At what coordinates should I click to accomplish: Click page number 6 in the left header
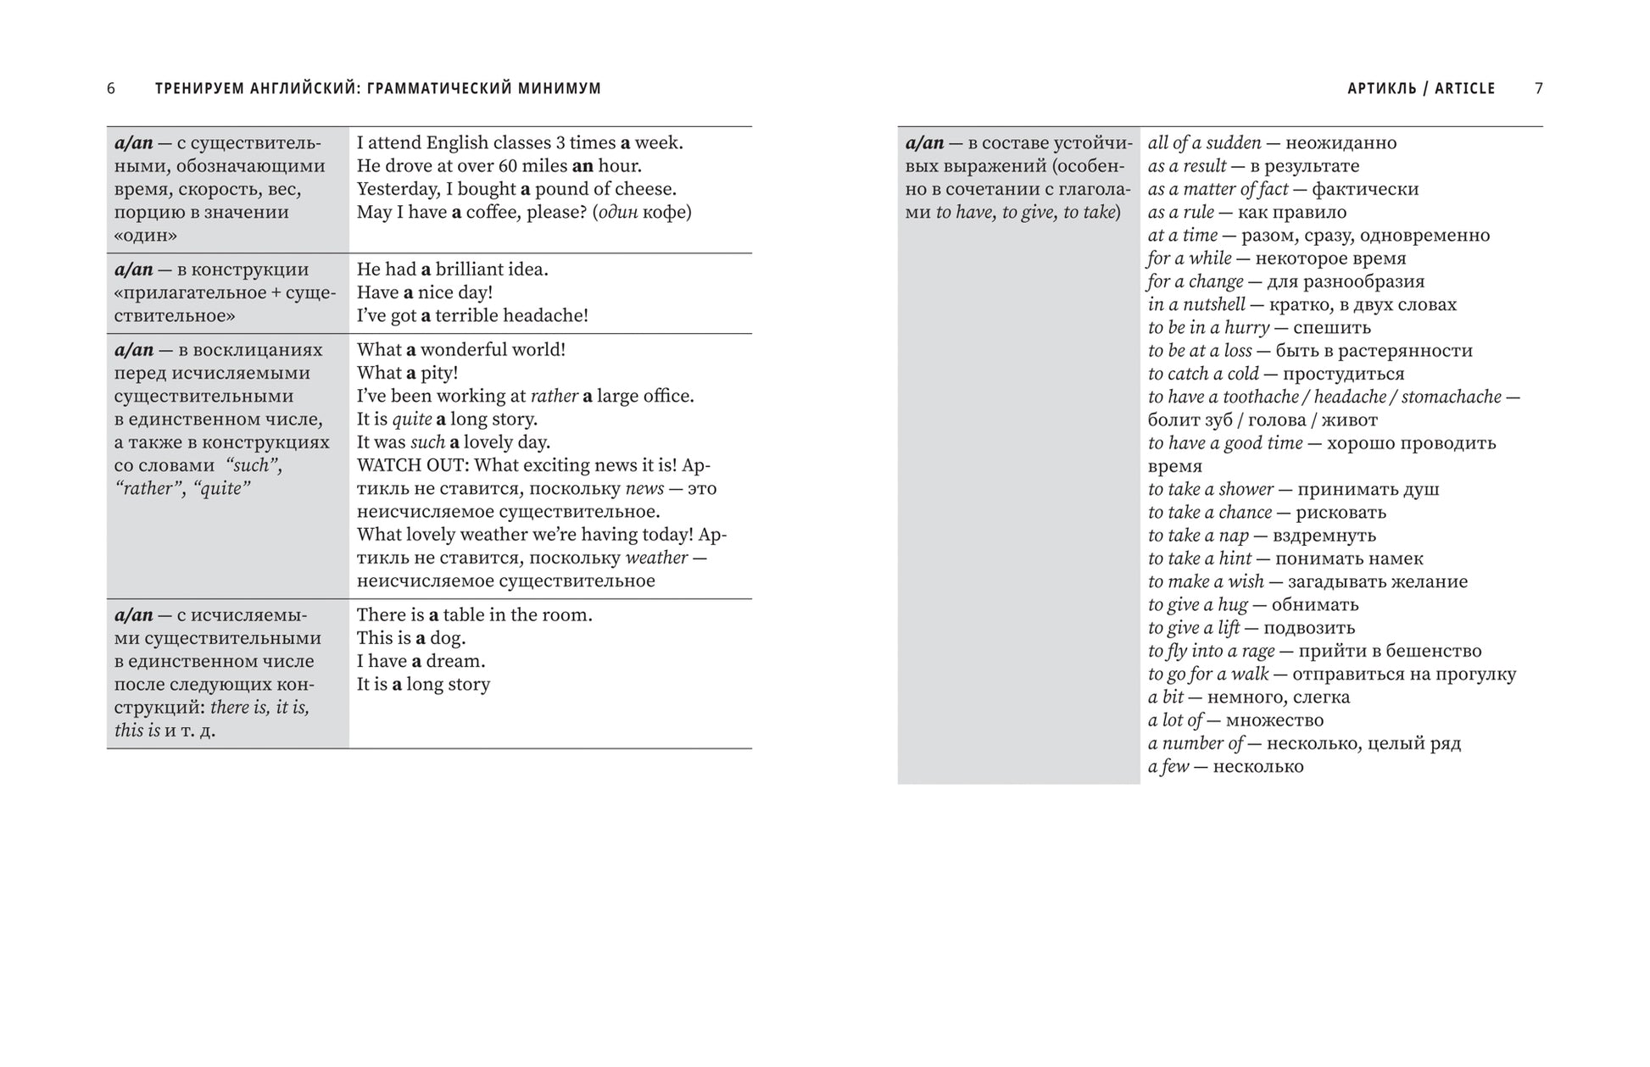pyautogui.click(x=111, y=88)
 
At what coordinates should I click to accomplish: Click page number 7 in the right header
pyautogui.click(x=1539, y=88)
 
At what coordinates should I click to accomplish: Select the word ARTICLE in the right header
pyautogui.click(x=1465, y=88)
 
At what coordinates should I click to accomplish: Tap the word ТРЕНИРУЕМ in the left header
pyautogui.click(x=199, y=88)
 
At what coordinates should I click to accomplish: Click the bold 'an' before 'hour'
pyautogui.click(x=583, y=166)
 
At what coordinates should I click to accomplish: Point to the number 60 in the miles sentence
pyautogui.click(x=506, y=166)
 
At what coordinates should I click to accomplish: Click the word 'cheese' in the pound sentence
pyautogui.click(x=646, y=189)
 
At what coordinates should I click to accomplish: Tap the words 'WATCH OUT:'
pyautogui.click(x=412, y=465)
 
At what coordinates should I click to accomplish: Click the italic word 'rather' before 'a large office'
pyautogui.click(x=554, y=396)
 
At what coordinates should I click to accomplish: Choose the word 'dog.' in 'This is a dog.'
pyautogui.click(x=448, y=638)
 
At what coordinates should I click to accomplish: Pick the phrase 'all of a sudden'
pyautogui.click(x=1204, y=143)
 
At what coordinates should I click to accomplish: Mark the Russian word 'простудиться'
pyautogui.click(x=1343, y=374)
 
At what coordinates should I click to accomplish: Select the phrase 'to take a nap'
pyautogui.click(x=1198, y=536)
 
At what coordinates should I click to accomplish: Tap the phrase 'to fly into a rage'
pyautogui.click(x=1211, y=651)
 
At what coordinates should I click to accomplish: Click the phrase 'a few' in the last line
pyautogui.click(x=1168, y=767)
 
